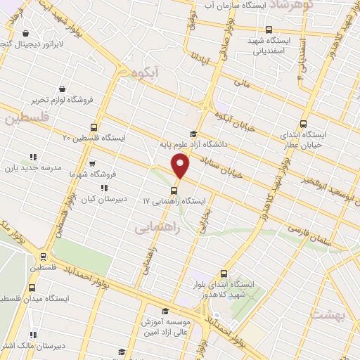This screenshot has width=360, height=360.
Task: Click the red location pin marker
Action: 181,166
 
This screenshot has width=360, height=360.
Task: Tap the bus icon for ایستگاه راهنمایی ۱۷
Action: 173,190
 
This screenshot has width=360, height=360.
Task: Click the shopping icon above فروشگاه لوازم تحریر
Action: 63,89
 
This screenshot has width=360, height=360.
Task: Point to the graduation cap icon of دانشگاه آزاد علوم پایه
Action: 193,134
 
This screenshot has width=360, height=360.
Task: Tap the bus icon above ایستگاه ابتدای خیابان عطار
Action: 303,122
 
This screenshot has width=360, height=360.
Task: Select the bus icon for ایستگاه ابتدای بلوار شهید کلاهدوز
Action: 224,274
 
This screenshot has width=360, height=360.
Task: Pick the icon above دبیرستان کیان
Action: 105,188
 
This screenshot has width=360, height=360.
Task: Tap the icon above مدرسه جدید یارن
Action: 32,157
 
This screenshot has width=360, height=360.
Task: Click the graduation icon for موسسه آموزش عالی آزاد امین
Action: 165,311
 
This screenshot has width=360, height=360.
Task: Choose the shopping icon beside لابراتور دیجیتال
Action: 26,33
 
